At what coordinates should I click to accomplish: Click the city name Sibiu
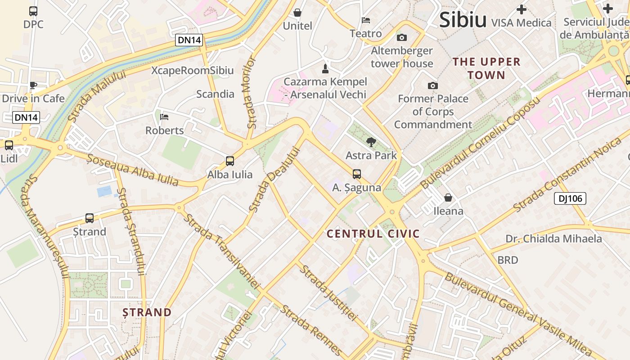click(x=463, y=20)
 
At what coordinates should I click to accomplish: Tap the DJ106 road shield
click(x=570, y=198)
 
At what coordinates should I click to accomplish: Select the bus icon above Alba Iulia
click(x=230, y=161)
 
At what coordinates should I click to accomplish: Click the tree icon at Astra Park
click(x=371, y=142)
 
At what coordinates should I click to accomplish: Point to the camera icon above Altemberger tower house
click(x=401, y=37)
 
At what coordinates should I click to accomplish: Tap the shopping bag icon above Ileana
click(x=448, y=197)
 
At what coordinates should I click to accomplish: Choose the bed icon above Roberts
click(x=164, y=117)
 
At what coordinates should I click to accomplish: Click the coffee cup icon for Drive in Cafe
click(x=33, y=85)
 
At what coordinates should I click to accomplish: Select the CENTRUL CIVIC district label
click(x=373, y=234)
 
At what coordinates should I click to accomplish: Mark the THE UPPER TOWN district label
click(x=486, y=68)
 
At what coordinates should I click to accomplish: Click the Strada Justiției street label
click(x=328, y=292)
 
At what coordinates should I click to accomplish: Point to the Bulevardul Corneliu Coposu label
click(x=480, y=143)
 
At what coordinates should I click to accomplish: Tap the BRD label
click(x=508, y=260)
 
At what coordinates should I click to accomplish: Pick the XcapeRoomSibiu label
click(x=193, y=71)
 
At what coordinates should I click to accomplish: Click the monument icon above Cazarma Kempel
click(x=325, y=69)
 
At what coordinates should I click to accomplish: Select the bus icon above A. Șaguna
click(x=357, y=174)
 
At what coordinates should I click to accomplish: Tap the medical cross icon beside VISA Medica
click(x=522, y=9)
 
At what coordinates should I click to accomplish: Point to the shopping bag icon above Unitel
click(x=297, y=12)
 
